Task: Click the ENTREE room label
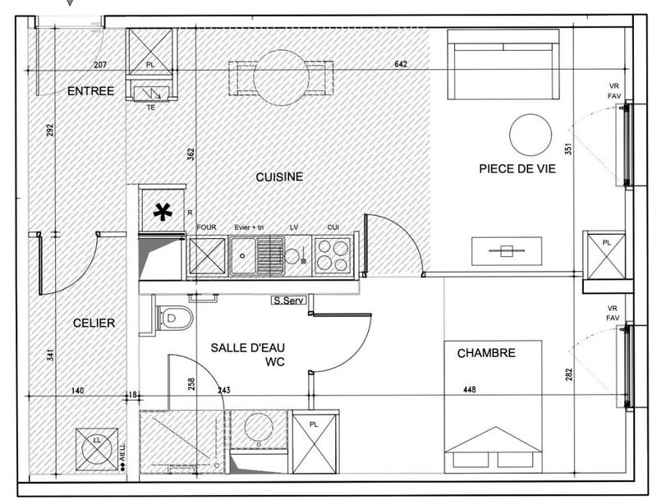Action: pyautogui.click(x=90, y=91)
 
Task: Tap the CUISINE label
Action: pyautogui.click(x=279, y=177)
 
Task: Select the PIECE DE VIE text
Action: pyautogui.click(x=517, y=169)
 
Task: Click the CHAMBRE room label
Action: pyautogui.click(x=486, y=353)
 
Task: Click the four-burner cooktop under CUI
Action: pyautogui.click(x=333, y=254)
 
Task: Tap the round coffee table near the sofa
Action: pyautogui.click(x=530, y=135)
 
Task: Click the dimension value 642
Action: pyautogui.click(x=401, y=64)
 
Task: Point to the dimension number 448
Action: pyautogui.click(x=469, y=391)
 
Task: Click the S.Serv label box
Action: pyautogui.click(x=289, y=301)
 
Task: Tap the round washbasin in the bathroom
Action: pyautogui.click(x=259, y=426)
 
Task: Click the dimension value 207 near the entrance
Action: pyautogui.click(x=101, y=64)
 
